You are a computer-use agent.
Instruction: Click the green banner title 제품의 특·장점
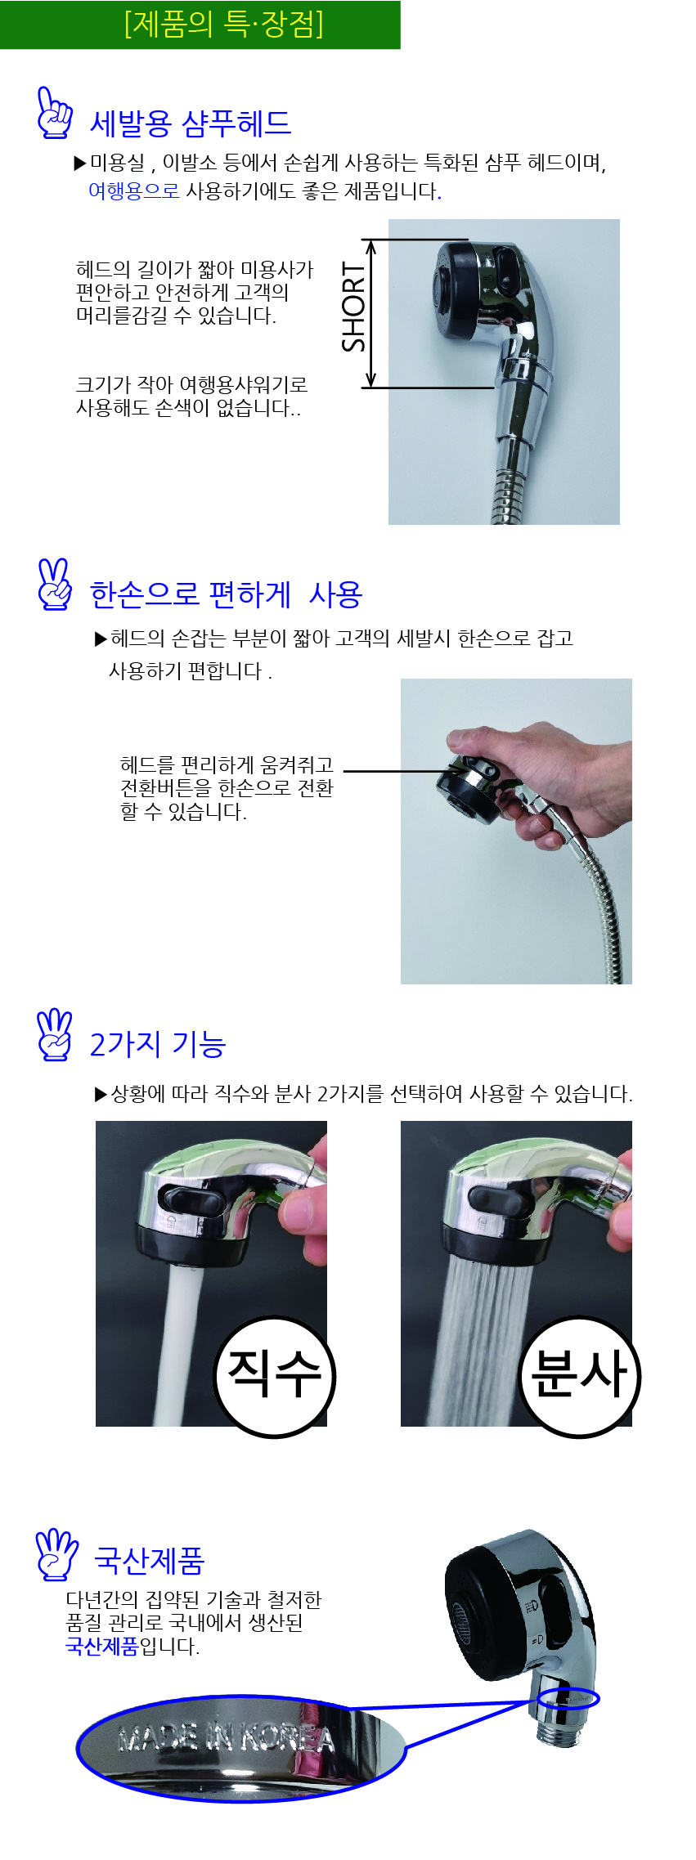223,24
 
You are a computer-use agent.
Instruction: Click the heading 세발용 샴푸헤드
190,123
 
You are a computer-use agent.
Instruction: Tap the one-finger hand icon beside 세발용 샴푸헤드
55,113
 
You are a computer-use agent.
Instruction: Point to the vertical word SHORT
353,307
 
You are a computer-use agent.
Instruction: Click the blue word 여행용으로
133,190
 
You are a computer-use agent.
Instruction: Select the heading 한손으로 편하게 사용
226,594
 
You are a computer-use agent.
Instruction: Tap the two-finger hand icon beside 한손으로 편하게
55,585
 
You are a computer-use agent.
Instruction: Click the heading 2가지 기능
157,1044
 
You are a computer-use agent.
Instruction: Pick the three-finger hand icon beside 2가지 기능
55,1035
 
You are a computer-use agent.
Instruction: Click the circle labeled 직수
275,1376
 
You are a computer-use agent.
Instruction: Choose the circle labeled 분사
580,1376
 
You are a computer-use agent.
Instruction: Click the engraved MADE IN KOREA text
227,1739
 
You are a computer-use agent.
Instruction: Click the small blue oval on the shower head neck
569,1699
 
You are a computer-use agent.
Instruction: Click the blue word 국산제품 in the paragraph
102,1646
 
